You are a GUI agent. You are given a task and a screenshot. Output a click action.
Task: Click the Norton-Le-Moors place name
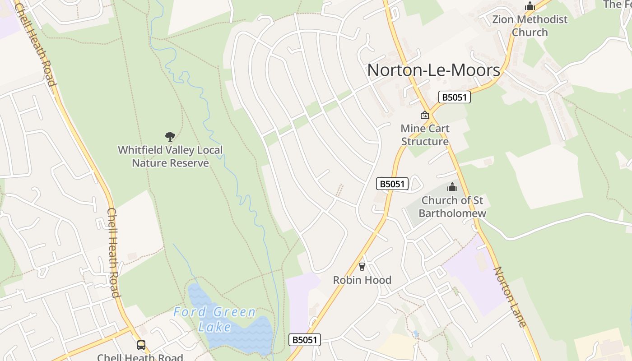pyautogui.click(x=433, y=70)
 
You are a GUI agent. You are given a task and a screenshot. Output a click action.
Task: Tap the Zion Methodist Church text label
pyautogui.click(x=530, y=26)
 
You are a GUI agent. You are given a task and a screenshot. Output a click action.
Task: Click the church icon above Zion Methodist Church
pyautogui.click(x=530, y=6)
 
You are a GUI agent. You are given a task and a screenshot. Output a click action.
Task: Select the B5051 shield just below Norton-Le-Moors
pyautogui.click(x=454, y=97)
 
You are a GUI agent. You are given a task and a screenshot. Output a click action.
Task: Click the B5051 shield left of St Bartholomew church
pyautogui.click(x=392, y=184)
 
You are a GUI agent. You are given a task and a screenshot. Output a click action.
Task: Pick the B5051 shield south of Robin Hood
pyautogui.click(x=305, y=340)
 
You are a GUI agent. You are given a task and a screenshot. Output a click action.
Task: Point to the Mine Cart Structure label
pyautogui.click(x=425, y=135)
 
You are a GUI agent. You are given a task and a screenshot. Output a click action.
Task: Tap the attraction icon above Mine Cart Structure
pyautogui.click(x=424, y=116)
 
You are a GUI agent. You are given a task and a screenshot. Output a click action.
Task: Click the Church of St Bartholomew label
pyautogui.click(x=452, y=207)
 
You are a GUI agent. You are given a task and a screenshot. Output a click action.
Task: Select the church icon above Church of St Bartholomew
pyautogui.click(x=452, y=187)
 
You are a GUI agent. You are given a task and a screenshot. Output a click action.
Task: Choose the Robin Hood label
pyautogui.click(x=362, y=280)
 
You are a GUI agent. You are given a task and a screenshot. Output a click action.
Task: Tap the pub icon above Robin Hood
pyautogui.click(x=362, y=267)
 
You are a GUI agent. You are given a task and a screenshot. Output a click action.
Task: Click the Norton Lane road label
pyautogui.click(x=510, y=296)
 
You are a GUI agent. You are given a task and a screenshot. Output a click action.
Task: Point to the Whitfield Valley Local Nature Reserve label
pyautogui.click(x=170, y=156)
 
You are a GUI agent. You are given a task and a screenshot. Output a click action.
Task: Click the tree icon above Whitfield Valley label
pyautogui.click(x=170, y=136)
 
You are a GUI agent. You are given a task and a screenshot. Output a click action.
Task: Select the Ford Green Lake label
pyautogui.click(x=215, y=319)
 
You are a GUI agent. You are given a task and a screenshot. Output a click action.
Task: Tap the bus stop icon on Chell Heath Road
pyautogui.click(x=141, y=345)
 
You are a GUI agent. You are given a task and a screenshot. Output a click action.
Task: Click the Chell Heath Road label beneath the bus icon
pyautogui.click(x=140, y=357)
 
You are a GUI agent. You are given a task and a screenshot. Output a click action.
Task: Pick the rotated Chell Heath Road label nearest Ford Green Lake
pyautogui.click(x=113, y=253)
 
